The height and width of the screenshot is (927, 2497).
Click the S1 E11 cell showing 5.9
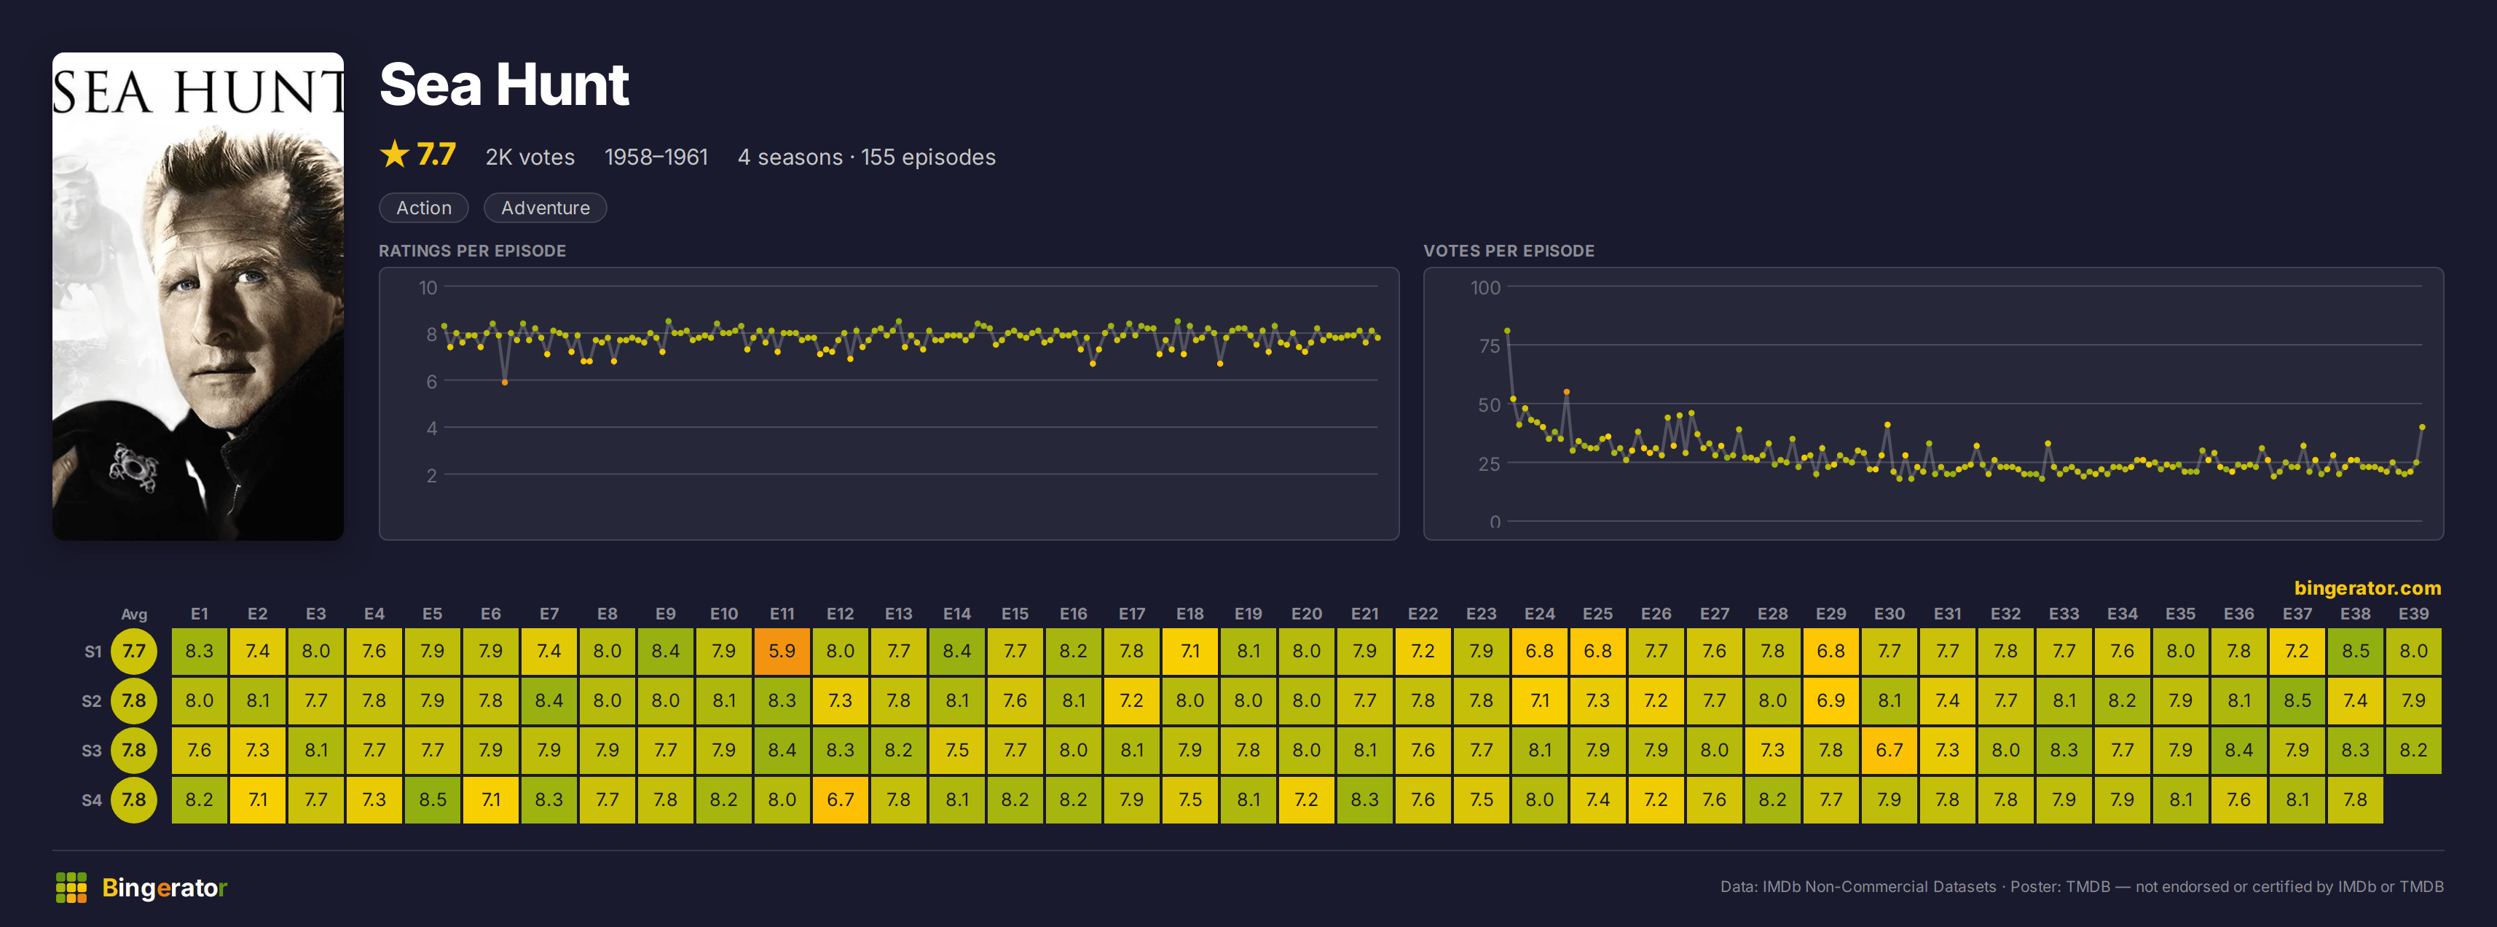tap(782, 652)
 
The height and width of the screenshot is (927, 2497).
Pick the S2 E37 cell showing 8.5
tap(2297, 701)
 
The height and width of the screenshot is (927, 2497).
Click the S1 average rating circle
tap(134, 652)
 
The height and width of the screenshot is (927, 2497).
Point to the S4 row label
tap(91, 800)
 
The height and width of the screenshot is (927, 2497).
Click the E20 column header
tap(1306, 614)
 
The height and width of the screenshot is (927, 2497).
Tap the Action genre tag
tap(424, 208)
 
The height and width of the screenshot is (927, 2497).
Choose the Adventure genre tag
tap(545, 208)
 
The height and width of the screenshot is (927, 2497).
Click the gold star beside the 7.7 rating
tap(395, 154)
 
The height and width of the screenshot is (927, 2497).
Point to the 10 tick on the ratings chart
tap(428, 288)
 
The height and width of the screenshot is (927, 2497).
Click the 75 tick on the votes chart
tap(1489, 346)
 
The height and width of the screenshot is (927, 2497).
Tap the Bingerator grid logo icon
tap(71, 887)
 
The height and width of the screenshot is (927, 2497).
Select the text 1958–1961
tap(656, 157)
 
